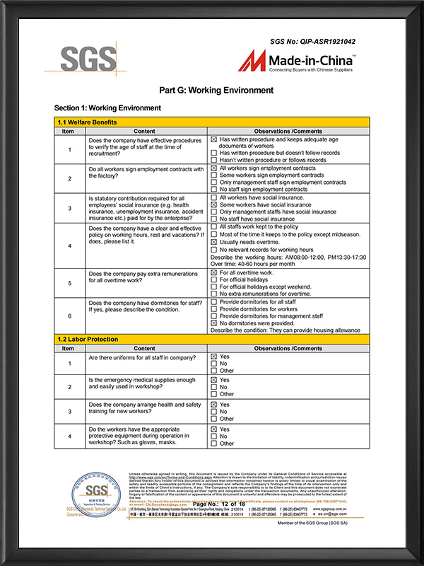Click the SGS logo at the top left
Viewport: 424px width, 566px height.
81,59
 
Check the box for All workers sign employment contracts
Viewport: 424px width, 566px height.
214,168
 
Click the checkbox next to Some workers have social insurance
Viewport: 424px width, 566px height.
214,204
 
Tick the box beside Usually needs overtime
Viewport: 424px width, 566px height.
214,242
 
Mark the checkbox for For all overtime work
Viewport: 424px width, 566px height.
214,272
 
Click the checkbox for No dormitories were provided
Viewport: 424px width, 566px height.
214,323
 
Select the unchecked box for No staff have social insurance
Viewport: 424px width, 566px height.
214,219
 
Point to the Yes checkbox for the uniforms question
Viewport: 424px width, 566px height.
214,357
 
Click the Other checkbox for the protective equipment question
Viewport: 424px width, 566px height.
214,444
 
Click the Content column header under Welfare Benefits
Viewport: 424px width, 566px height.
144,131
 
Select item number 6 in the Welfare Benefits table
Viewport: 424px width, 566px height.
69,315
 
